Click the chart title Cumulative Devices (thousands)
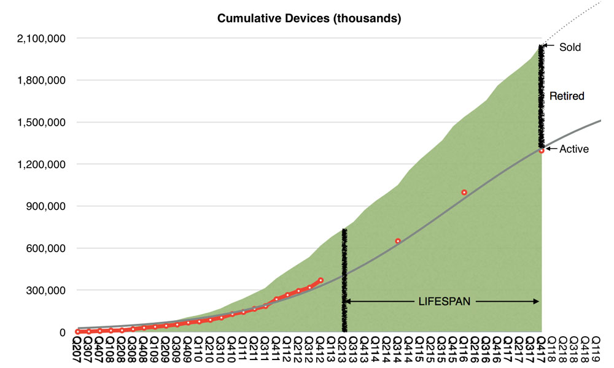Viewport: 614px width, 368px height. point(309,18)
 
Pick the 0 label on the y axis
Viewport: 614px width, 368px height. point(62,332)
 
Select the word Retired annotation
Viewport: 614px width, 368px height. point(567,96)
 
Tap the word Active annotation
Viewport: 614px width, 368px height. point(573,149)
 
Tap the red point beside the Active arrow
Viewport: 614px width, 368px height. point(542,150)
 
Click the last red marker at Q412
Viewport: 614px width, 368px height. point(321,280)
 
